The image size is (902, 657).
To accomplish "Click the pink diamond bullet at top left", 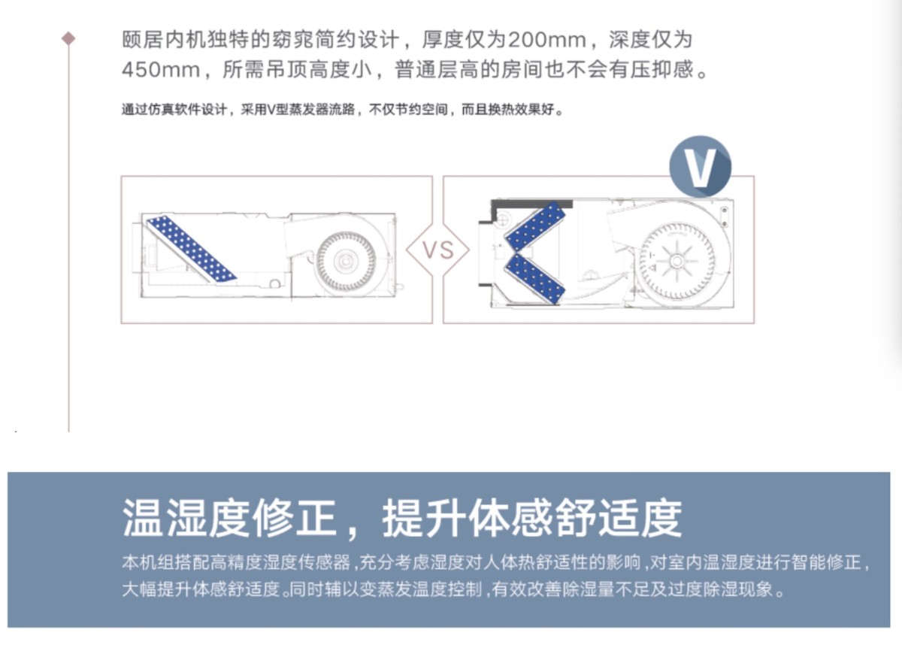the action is [x=68, y=38].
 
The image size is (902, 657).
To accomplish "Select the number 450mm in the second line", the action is [x=161, y=69].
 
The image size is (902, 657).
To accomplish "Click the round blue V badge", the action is [x=701, y=167].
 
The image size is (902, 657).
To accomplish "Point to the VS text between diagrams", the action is [x=437, y=250].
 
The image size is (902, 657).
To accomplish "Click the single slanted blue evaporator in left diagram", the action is [x=191, y=249].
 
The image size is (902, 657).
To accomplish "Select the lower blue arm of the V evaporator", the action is [x=535, y=279].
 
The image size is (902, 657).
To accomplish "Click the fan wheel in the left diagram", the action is [x=346, y=262].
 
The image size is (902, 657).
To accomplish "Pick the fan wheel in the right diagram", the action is [x=677, y=262].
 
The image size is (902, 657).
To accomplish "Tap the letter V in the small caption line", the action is [x=271, y=109].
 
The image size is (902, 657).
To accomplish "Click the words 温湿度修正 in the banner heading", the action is [x=229, y=518].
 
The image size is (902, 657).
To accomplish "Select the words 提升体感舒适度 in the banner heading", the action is [x=532, y=518].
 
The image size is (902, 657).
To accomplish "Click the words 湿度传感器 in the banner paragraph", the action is [x=307, y=563].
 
